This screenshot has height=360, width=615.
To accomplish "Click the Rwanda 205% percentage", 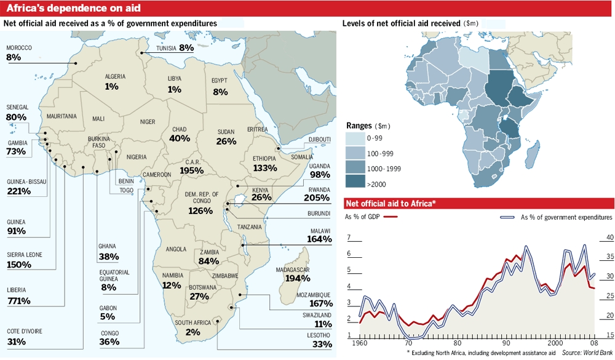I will [x=317, y=199].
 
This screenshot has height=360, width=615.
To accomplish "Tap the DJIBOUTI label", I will [x=319, y=139].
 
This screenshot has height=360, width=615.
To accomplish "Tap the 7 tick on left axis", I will [x=349, y=238].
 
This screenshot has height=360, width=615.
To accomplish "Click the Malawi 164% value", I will [x=319, y=239].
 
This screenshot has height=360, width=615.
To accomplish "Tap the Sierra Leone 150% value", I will [x=19, y=265].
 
